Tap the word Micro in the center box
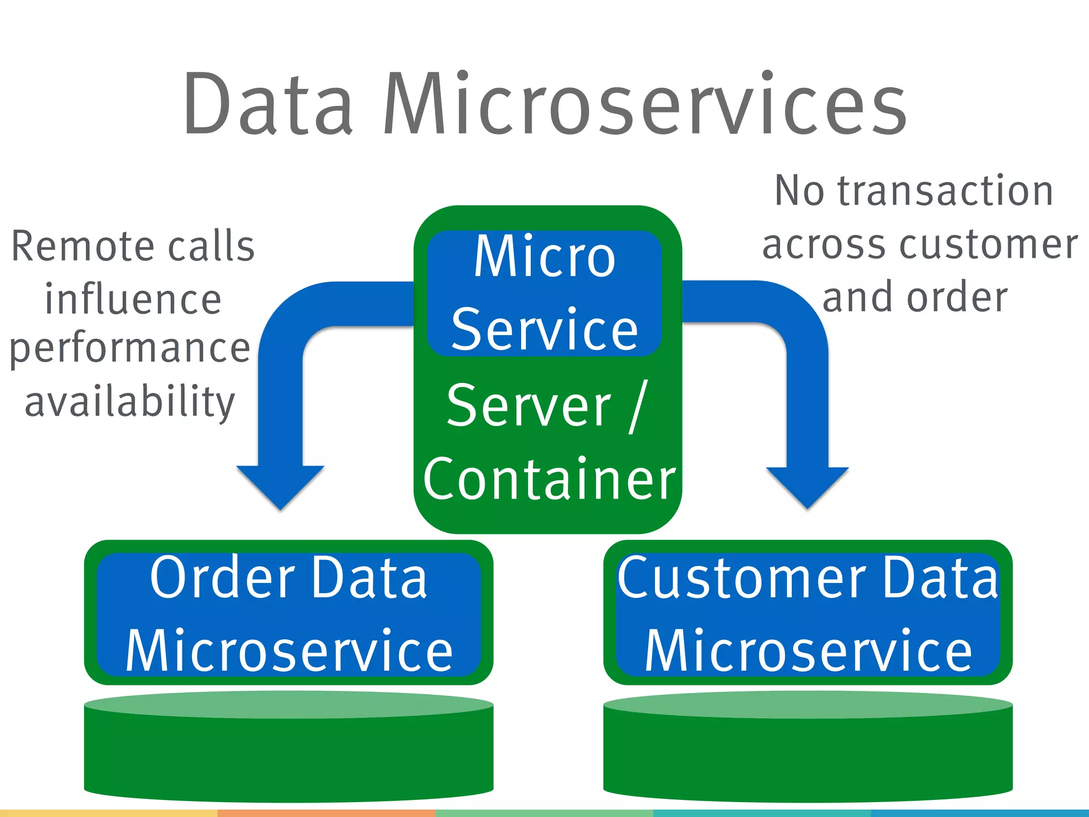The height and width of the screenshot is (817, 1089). click(544, 257)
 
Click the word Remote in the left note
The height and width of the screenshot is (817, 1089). click(82, 247)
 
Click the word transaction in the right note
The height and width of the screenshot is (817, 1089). click(945, 190)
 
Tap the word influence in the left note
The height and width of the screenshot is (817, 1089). click(133, 299)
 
